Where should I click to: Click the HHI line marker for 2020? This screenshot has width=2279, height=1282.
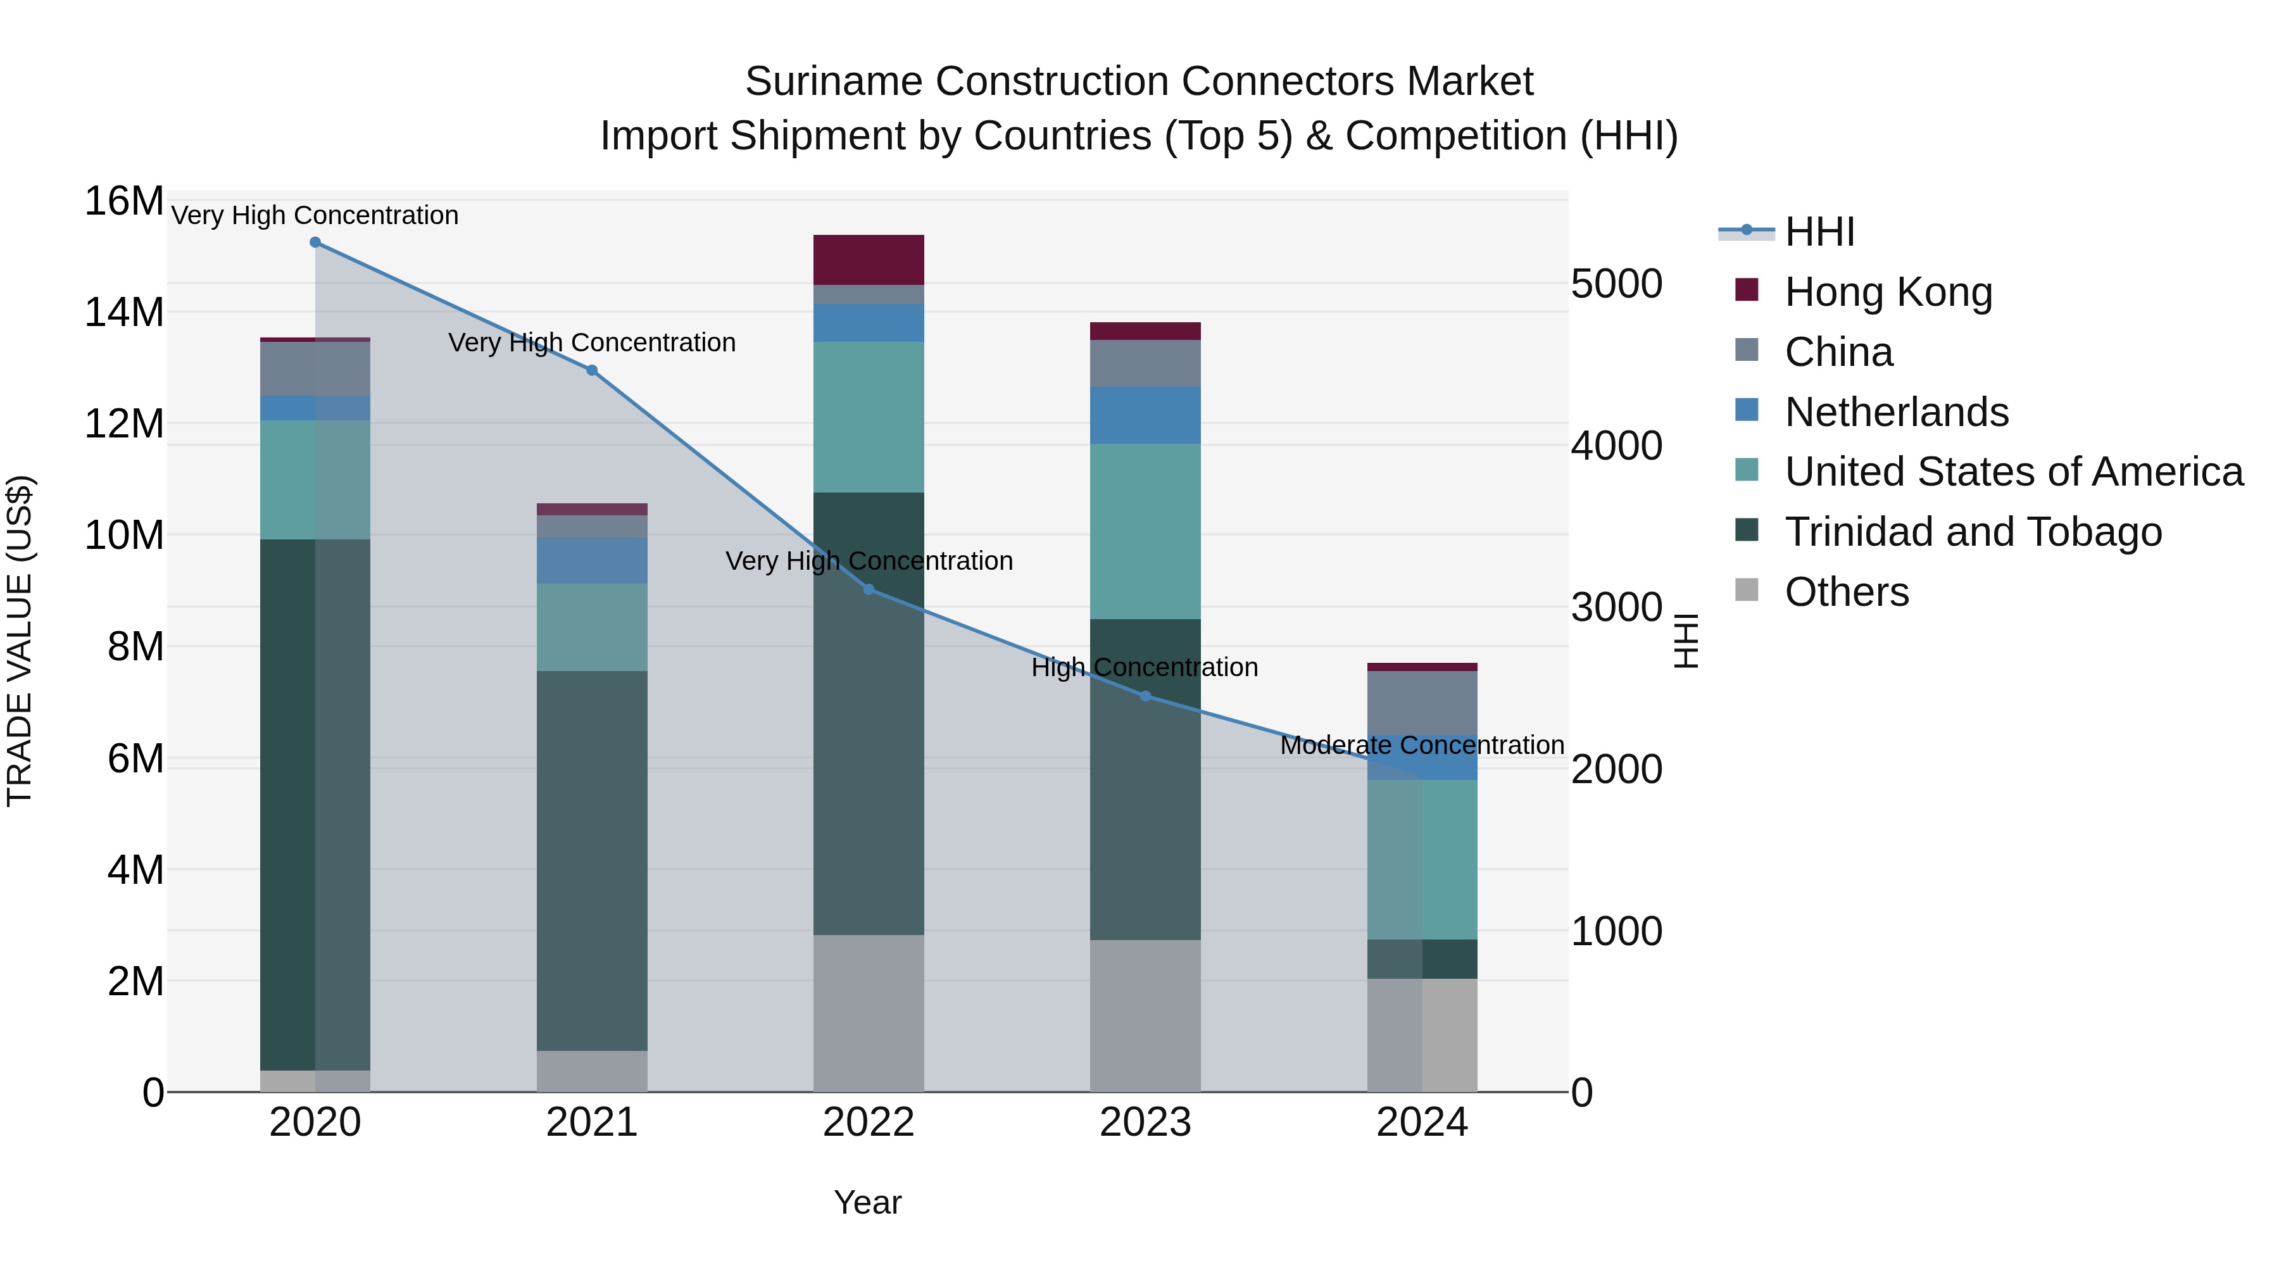coord(315,242)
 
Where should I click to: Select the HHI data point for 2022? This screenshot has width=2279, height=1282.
coord(869,589)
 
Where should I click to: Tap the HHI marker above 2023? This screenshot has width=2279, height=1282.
coord(1146,696)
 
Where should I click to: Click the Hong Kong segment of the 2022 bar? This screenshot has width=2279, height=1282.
coord(869,259)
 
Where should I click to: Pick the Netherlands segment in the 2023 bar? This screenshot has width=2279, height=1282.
coord(1146,415)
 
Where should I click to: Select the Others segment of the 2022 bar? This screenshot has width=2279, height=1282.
coord(869,1013)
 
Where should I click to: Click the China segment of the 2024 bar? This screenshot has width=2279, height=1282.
coord(1422,703)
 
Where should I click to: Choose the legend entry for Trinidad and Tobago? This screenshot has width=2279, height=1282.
coord(1973,532)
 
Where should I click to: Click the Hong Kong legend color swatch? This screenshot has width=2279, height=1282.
coord(1747,289)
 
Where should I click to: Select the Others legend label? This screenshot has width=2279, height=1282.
coord(1847,592)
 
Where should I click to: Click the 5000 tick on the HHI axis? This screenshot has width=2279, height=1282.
coord(1616,284)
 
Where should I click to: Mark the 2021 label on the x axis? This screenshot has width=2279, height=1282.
coord(592,1122)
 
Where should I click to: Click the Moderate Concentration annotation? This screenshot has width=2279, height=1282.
coord(1422,745)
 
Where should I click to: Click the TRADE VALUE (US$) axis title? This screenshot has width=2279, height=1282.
coord(20,641)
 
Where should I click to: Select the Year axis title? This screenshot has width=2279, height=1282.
coord(867,1202)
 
